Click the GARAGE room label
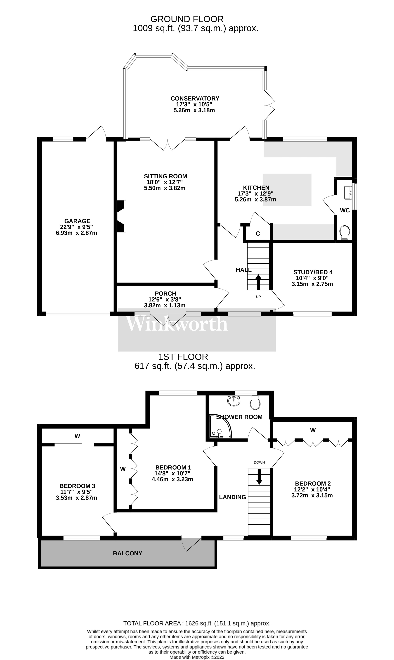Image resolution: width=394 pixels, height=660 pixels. pos(77,221)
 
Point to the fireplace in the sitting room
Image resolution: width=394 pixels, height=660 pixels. pos(121,216)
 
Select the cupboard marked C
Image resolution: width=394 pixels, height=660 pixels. pos(258,234)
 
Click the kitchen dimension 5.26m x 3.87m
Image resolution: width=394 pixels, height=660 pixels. pos(255,200)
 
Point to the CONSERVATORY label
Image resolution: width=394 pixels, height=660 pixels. pos(195,98)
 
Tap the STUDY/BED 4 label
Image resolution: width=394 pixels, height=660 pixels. pos(313,272)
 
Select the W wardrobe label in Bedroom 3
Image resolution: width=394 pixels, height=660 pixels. pos(77,436)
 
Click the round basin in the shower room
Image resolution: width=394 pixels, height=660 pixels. pos(234,401)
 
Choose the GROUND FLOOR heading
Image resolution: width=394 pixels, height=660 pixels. pos(187,19)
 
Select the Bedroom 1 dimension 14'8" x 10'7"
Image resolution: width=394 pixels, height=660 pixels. pos(172,473)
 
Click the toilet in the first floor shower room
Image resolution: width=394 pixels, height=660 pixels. pos(255,403)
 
